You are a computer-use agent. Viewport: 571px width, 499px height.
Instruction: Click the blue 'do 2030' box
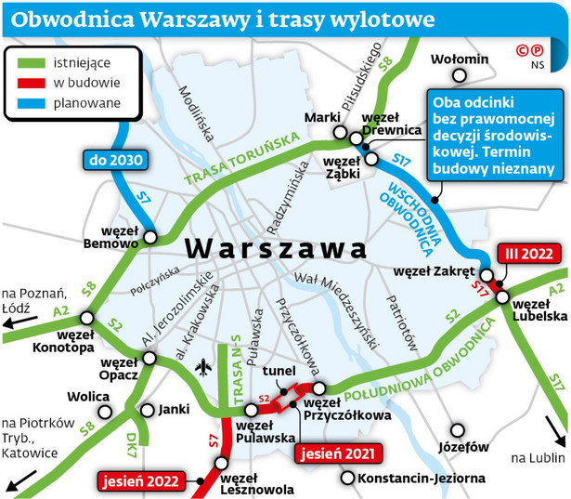[116, 161]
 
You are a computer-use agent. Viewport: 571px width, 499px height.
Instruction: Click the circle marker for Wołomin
[440, 62]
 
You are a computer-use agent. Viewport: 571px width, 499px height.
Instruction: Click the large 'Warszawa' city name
[276, 249]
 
